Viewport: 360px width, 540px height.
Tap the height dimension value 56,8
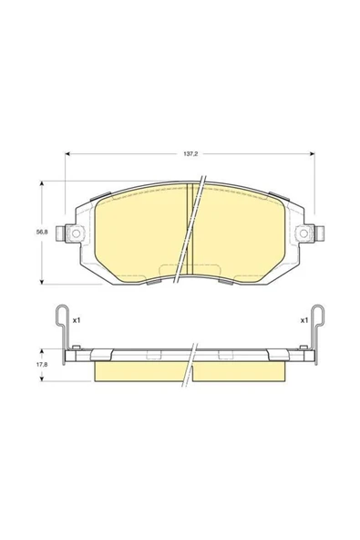click(x=42, y=234)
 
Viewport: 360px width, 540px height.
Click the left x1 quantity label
click(x=77, y=321)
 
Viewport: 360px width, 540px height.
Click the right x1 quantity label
click(x=303, y=321)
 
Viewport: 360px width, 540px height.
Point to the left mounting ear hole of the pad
click(x=67, y=234)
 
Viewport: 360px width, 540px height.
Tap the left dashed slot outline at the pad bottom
click(x=169, y=271)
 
